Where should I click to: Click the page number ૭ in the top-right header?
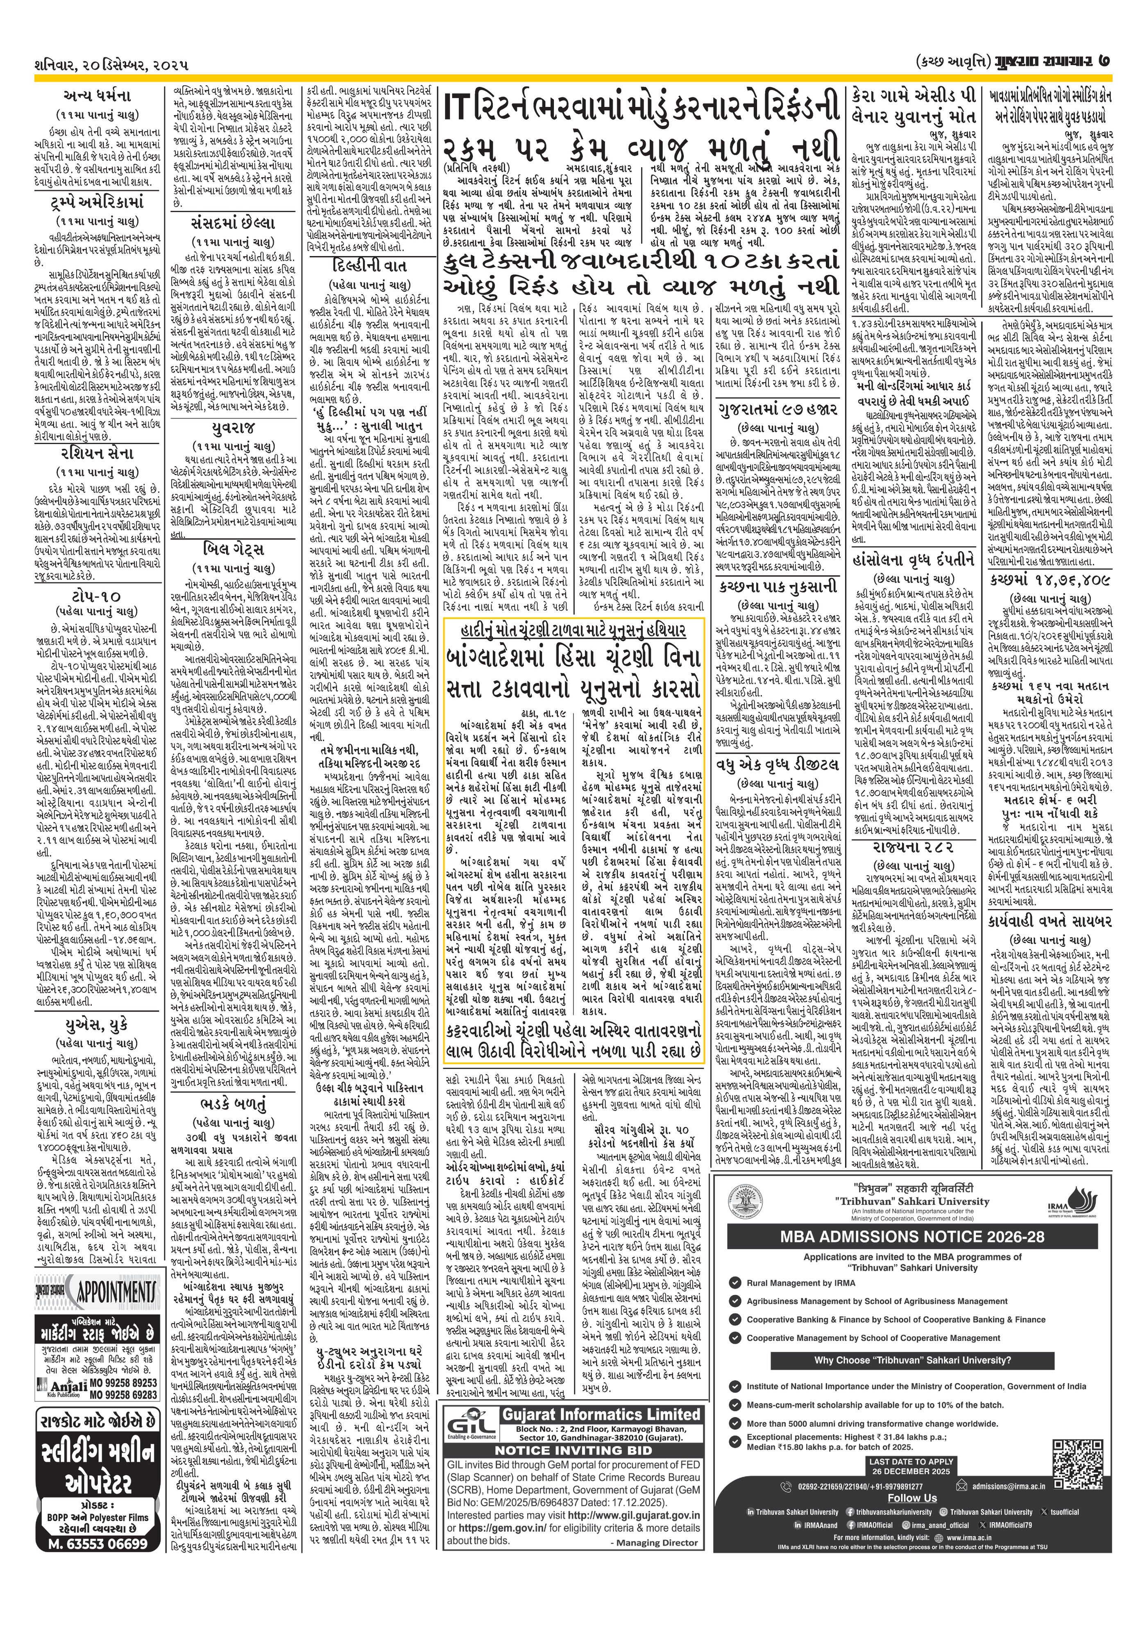[1103, 63]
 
